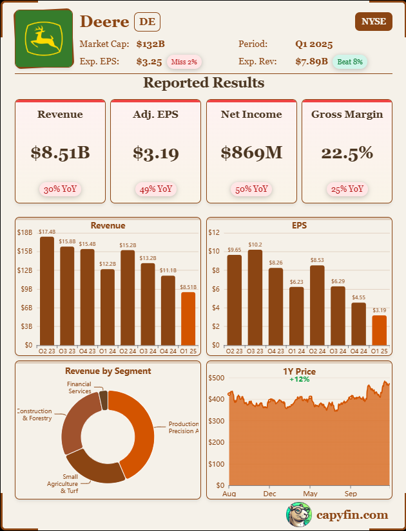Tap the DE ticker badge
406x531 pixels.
pos(147,22)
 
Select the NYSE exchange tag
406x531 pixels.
pos(373,21)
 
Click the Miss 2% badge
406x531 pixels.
pos(185,62)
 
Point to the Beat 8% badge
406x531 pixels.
pos(350,62)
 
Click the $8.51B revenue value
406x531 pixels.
pos(60,153)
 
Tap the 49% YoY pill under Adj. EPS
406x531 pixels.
pos(155,189)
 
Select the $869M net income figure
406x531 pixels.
pos(251,153)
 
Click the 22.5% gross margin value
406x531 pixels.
pos(347,153)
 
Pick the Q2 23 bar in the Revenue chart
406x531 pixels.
pos(47,291)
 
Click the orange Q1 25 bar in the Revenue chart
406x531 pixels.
pos(188,319)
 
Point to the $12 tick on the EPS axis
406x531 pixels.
pos(214,232)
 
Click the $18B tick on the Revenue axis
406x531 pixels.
pos(24,232)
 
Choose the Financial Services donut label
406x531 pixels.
pos(79,387)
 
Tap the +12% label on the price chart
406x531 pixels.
pos(299,379)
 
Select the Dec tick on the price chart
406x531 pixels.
pos(269,494)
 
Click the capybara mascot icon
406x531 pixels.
pos(298,514)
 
